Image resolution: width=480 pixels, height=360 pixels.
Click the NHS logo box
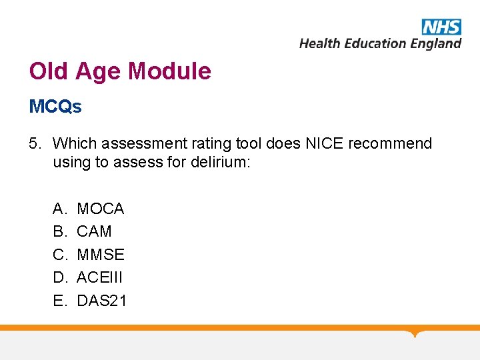(x=441, y=27)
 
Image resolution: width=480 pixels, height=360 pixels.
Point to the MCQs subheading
(x=55, y=107)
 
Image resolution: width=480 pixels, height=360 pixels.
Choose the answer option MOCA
(x=101, y=209)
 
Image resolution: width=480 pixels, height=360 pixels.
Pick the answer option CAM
(x=94, y=232)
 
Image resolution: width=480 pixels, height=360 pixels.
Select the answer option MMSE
(x=101, y=255)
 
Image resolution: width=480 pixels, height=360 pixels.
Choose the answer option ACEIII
(x=101, y=277)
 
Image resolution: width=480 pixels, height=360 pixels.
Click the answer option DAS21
(x=102, y=301)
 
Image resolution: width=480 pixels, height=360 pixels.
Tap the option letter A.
(x=59, y=209)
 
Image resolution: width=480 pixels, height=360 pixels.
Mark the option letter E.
(x=59, y=301)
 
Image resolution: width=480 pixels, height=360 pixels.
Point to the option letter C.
(x=59, y=255)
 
